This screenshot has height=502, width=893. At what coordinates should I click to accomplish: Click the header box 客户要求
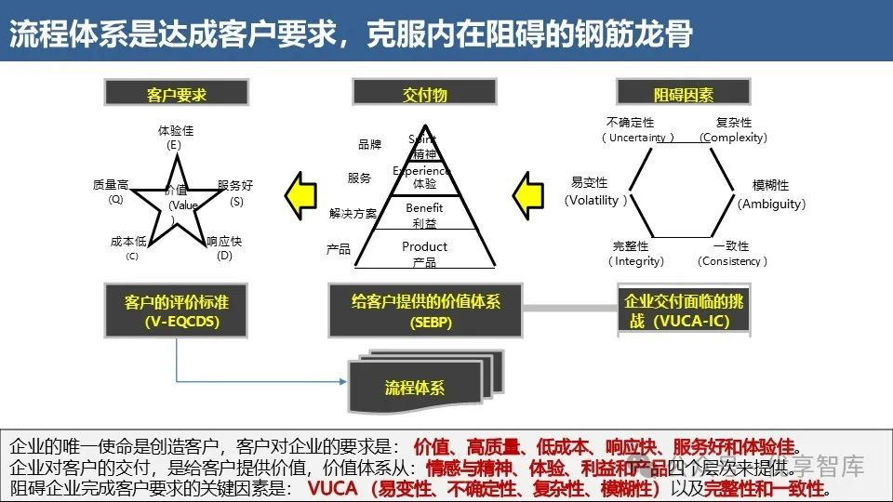pyautogui.click(x=176, y=93)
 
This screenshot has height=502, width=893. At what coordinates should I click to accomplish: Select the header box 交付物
pyautogui.click(x=425, y=93)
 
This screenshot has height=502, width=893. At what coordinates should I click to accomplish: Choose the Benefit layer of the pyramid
pyautogui.click(x=424, y=215)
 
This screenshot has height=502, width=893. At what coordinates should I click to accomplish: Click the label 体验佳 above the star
pyautogui.click(x=176, y=138)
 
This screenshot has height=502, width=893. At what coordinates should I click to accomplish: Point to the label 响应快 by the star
pyautogui.click(x=224, y=247)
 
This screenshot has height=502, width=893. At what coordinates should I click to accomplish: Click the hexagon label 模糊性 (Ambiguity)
pyautogui.click(x=770, y=193)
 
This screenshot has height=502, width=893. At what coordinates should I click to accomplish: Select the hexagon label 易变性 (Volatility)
pyautogui.click(x=596, y=191)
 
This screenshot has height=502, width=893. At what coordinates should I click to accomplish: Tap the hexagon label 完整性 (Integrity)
pyautogui.click(x=637, y=253)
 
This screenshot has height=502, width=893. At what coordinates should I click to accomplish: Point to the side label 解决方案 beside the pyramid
pyautogui.click(x=353, y=213)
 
